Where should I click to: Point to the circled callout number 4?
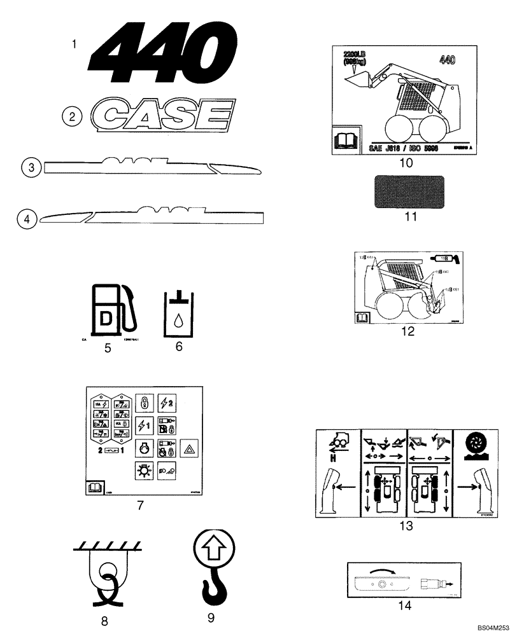click(x=26, y=219)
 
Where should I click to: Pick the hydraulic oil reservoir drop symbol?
click(x=178, y=314)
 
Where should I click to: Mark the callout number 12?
click(x=407, y=331)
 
